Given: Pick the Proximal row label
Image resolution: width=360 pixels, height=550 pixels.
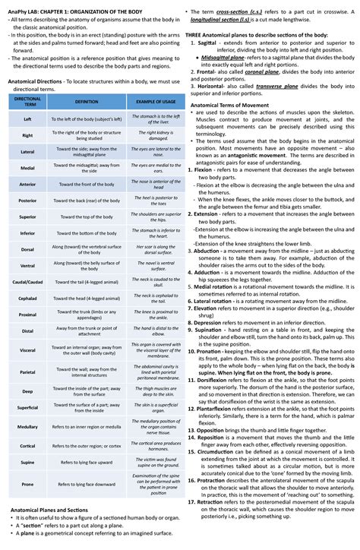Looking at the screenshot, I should tap(28, 314).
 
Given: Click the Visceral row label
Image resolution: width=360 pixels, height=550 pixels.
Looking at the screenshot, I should tap(28, 349).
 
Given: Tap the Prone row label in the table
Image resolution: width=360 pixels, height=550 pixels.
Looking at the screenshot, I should tap(28, 483).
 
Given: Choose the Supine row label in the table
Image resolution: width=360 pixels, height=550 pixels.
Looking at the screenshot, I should tap(28, 461).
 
